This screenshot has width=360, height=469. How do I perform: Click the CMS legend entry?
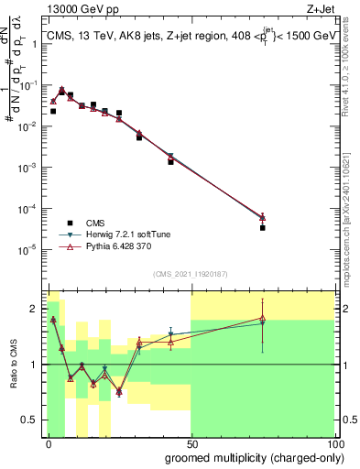(94, 222)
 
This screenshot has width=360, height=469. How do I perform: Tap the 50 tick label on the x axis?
(191, 443)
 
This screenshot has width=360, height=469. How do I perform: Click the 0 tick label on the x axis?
(49, 443)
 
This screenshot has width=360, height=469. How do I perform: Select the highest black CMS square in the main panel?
(61, 90)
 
